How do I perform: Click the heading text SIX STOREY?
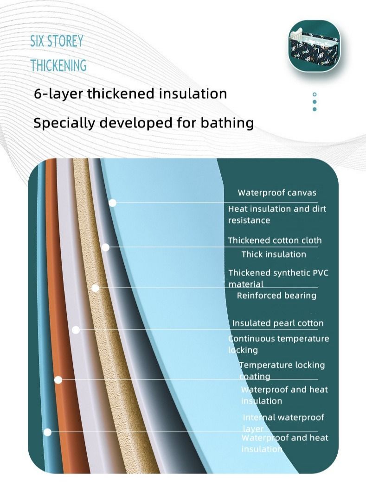point(57,41)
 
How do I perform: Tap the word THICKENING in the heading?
point(58,65)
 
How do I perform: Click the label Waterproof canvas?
point(276,193)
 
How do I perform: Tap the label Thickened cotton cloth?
point(275,240)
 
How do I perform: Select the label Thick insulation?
point(274,254)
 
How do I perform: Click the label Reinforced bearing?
point(276,296)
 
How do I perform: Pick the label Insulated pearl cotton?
point(277,323)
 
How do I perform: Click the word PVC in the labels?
point(320,273)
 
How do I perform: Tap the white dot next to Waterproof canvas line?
point(112,202)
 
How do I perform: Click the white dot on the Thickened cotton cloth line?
point(105,247)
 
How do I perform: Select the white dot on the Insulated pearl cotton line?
point(76,330)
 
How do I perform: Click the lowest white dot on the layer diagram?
point(47,432)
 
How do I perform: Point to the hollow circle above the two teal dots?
point(315,95)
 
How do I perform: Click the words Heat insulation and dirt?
point(277,209)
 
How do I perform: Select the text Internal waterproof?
point(283,417)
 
